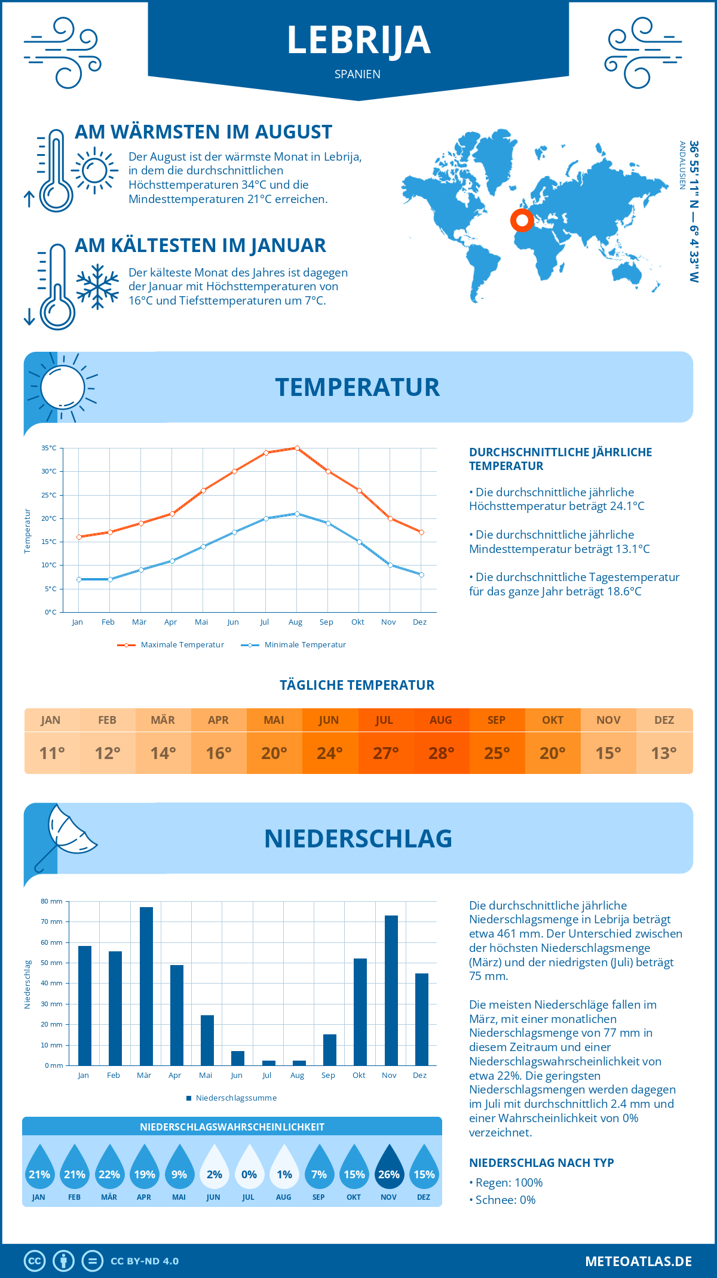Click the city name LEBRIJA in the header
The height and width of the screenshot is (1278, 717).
click(358, 41)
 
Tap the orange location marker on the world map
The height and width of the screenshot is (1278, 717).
click(522, 220)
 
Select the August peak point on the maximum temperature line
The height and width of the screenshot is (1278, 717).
click(297, 448)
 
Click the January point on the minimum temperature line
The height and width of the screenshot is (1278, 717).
click(79, 579)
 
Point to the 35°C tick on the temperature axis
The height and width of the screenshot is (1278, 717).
click(49, 448)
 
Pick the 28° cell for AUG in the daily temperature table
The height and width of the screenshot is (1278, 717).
click(441, 753)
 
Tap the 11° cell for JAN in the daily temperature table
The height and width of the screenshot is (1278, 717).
click(51, 753)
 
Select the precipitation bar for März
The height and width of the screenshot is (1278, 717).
click(146, 986)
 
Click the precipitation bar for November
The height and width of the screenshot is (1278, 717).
click(391, 990)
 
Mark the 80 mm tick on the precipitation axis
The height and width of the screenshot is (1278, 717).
click(52, 901)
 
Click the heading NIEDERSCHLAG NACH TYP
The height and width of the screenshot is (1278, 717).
click(541, 1163)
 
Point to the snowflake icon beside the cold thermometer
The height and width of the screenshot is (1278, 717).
click(97, 287)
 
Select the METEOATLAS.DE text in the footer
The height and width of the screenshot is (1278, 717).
click(638, 1261)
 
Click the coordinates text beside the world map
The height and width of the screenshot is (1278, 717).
click(693, 211)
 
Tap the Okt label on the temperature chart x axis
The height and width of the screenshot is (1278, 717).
click(357, 622)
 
